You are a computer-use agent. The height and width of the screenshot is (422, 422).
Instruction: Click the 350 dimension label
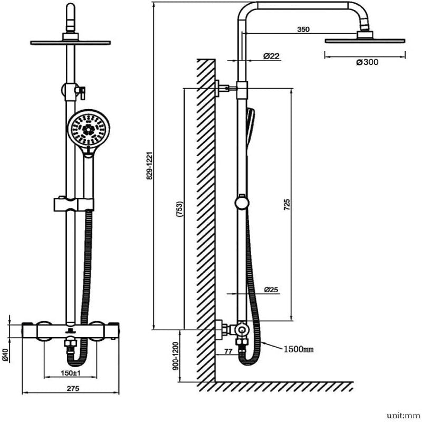(303, 30)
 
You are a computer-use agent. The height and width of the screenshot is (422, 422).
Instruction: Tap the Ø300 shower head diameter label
(367, 62)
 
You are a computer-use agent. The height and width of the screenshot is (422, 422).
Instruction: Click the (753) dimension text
(179, 210)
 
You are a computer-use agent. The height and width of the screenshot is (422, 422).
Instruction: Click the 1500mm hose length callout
(299, 349)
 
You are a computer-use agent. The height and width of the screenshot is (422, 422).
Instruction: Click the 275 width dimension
(73, 389)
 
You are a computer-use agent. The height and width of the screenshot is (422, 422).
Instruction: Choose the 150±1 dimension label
(70, 373)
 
